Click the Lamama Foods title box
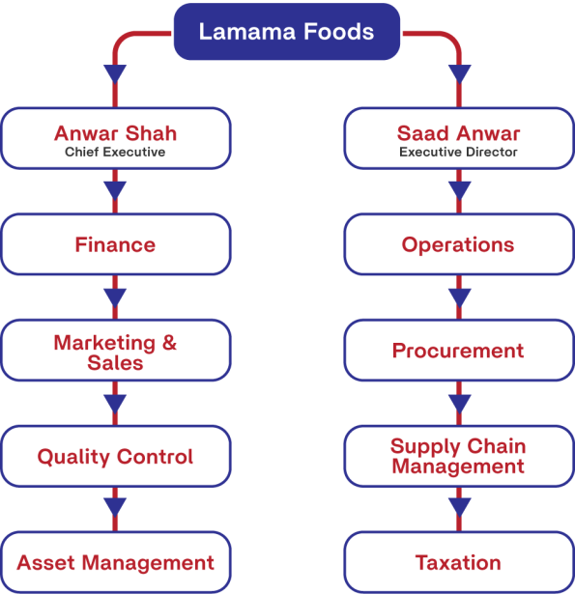[287, 32]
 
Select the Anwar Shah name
[115, 133]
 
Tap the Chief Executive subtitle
[115, 152]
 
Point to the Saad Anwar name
[458, 133]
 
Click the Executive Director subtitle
[458, 152]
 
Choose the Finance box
[116, 244]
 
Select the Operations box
[459, 244]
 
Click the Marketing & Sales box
[116, 351]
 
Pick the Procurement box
[459, 351]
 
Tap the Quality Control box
[116, 457]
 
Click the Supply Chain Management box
[459, 457]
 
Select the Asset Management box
[116, 562]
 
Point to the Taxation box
[459, 562]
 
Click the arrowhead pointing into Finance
[115, 190]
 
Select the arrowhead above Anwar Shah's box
[115, 73]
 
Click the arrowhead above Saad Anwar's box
[459, 73]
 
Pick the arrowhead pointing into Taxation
[459, 507]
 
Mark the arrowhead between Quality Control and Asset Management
[115, 507]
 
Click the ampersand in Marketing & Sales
[169, 343]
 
